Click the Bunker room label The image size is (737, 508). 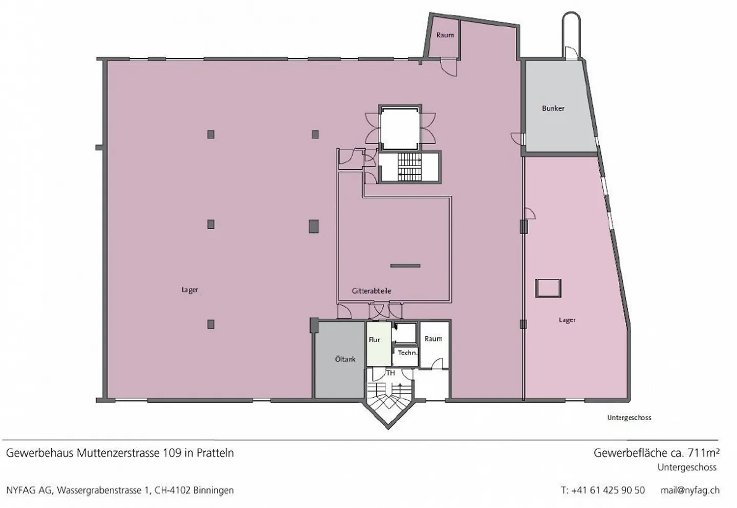(553, 108)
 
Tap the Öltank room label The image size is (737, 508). (345, 359)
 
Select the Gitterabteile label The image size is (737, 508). (371, 291)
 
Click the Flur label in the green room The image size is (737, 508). (375, 339)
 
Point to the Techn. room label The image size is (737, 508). (407, 353)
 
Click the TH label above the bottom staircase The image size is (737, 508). (391, 373)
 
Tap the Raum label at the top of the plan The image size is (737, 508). (445, 35)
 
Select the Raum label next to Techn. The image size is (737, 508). (433, 339)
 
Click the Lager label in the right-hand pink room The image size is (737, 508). (567, 320)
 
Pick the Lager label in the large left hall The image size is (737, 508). (189, 290)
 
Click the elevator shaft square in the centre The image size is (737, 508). (400, 128)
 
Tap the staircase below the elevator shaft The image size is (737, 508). (409, 167)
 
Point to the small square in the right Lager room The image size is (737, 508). (548, 288)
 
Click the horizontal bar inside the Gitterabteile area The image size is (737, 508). (405, 266)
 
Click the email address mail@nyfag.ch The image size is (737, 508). (690, 490)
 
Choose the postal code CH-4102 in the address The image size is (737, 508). (173, 490)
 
